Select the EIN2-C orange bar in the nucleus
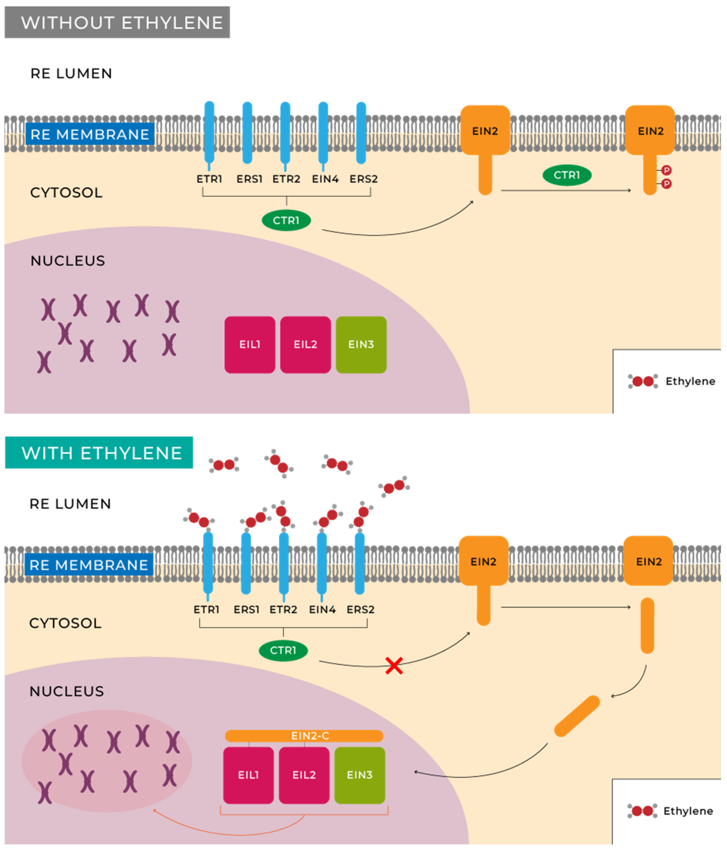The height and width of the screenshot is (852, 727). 304,736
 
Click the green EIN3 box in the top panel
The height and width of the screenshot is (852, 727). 361,345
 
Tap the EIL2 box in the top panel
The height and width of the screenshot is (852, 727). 305,345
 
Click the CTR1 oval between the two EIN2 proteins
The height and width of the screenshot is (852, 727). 567,175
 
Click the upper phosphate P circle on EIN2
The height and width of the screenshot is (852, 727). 666,170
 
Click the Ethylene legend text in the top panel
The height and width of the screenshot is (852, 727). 690,381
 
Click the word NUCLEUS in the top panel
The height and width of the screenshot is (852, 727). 68,261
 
